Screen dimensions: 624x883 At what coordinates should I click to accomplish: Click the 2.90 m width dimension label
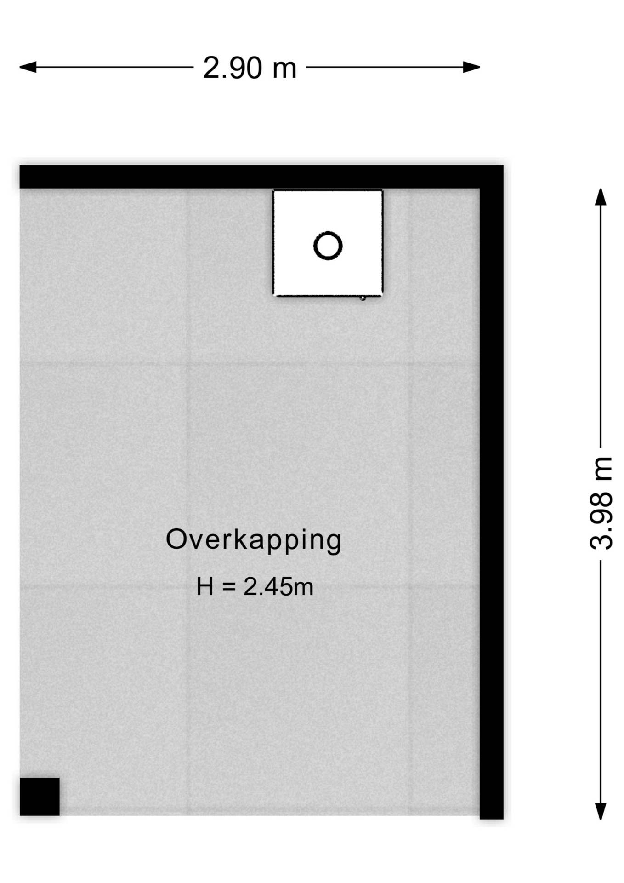[250, 68]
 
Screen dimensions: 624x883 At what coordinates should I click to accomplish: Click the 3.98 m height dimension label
[601, 503]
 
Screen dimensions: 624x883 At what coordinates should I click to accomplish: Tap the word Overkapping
[253, 540]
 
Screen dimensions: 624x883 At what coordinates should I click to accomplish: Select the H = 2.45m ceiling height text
[255, 587]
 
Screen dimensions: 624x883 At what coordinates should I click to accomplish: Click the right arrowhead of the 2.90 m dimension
[472, 67]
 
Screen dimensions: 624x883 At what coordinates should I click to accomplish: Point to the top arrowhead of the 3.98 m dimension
[601, 197]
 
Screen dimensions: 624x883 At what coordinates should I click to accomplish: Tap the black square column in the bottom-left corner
[40, 797]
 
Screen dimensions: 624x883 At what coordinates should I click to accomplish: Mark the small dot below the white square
[363, 298]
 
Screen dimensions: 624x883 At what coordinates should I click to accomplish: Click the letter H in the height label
[205, 587]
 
